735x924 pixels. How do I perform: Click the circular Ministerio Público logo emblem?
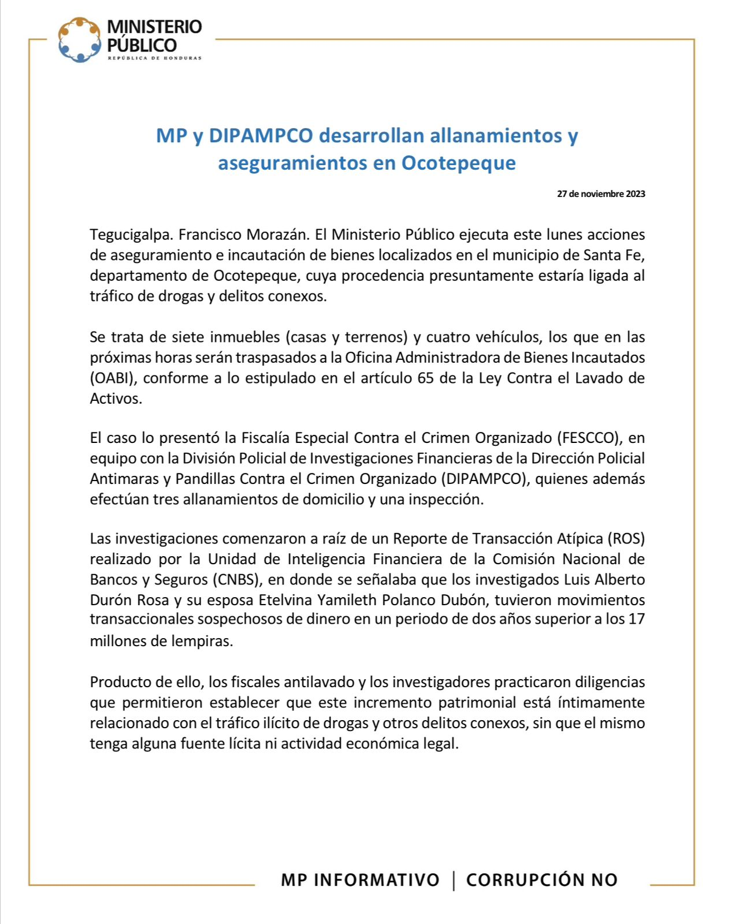coord(80,40)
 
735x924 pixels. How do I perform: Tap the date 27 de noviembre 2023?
coord(601,194)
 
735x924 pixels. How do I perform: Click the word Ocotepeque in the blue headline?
coord(458,163)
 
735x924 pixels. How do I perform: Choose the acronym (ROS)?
coord(625,539)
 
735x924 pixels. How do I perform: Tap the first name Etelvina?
coord(285,601)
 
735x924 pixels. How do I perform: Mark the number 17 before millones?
coord(636,619)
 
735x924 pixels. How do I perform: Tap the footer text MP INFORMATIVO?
coord(360,880)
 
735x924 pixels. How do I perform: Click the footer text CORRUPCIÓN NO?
coord(542,880)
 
